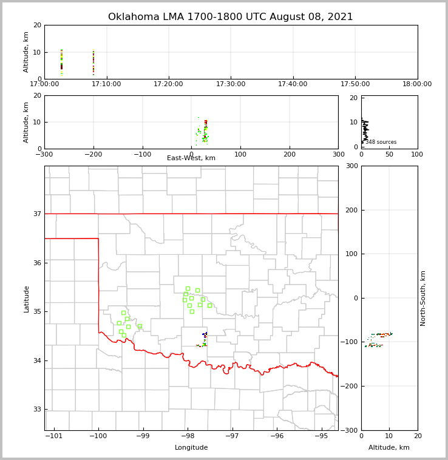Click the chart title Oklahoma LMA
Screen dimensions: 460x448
click(230, 17)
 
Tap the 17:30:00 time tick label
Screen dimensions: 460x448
click(231, 84)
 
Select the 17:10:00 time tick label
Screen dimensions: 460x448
click(107, 84)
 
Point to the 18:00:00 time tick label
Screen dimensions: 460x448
click(417, 84)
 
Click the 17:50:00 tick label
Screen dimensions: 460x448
click(355, 84)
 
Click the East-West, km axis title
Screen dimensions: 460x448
click(191, 158)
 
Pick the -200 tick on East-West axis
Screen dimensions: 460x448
click(93, 154)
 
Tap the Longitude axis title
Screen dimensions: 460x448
click(191, 448)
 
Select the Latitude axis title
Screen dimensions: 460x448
click(27, 299)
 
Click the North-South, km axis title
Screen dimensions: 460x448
click(423, 298)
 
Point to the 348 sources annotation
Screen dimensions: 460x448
click(381, 142)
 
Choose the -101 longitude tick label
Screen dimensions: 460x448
click(54, 436)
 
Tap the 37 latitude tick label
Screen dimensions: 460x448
click(36, 214)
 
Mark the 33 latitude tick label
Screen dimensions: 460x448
click(36, 409)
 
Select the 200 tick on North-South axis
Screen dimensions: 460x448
click(351, 210)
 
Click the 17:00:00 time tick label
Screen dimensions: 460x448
click(44, 84)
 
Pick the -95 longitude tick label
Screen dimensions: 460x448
click(321, 436)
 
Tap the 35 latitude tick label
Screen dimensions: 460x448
click(36, 311)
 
